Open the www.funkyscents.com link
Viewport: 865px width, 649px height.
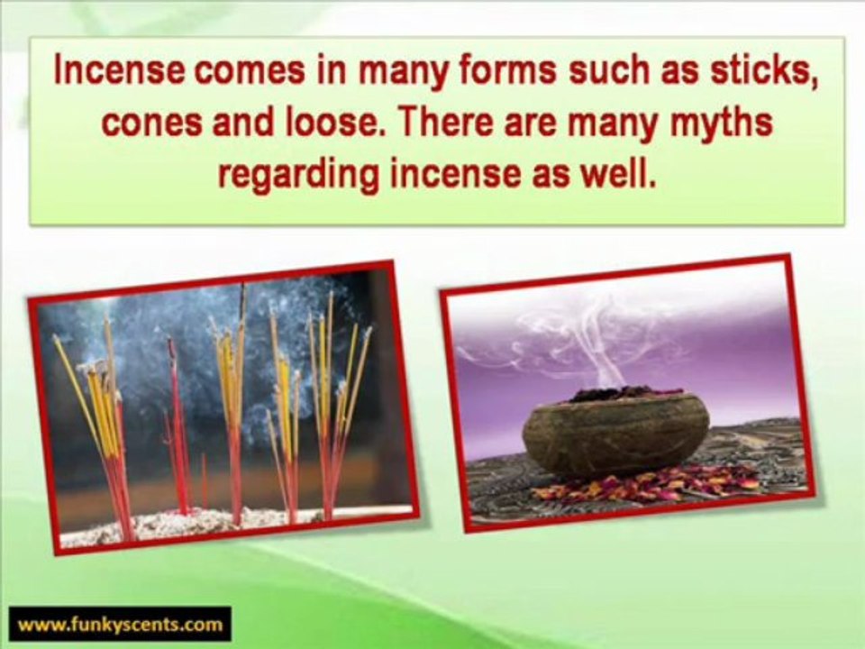click(120, 624)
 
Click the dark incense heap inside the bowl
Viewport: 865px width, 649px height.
click(621, 393)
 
